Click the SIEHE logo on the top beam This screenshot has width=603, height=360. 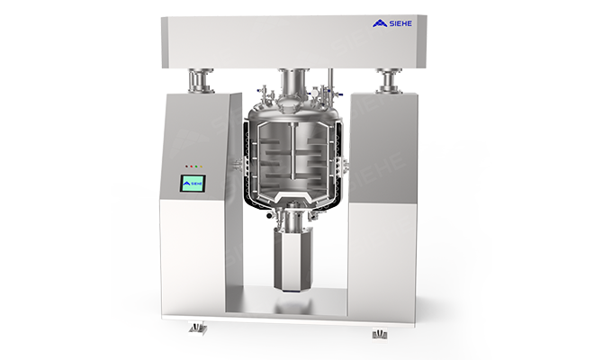pos(391,23)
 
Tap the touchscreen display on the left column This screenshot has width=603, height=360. pos(193,184)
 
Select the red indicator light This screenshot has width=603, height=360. pos(192,166)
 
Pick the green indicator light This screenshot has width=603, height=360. pos(196,166)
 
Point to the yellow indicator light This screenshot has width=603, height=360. pos(201,166)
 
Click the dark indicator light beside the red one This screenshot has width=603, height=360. pos(187,166)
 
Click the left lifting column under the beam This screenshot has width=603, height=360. pos(201,81)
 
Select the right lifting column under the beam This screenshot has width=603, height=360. pos(389,81)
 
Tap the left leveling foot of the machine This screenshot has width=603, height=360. pos(198,328)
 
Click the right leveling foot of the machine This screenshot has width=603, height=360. pos(380,334)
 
